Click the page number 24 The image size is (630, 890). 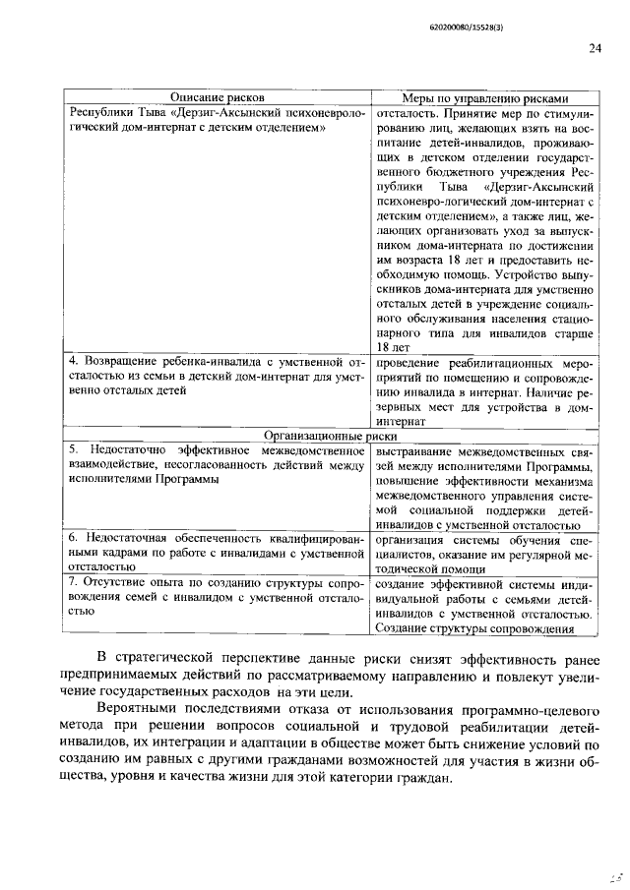[594, 47]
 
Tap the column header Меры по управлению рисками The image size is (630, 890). [485, 98]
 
